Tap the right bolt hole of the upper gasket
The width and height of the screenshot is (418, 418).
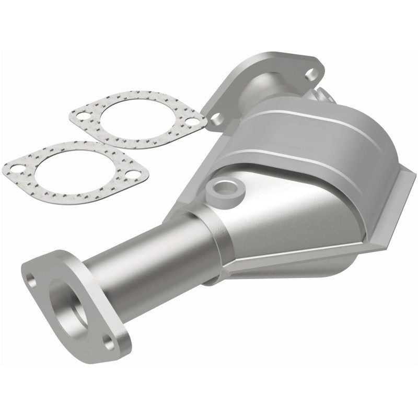click(193, 122)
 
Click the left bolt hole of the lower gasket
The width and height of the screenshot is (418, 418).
click(13, 168)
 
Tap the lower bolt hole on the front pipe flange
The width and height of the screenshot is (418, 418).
click(108, 343)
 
